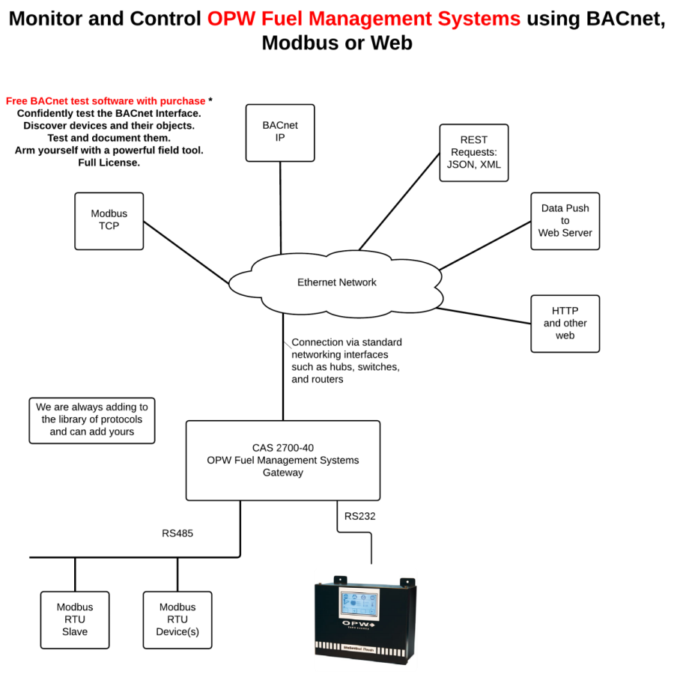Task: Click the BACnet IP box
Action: (x=280, y=132)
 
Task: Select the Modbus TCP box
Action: (x=109, y=220)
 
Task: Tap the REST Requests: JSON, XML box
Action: (x=473, y=153)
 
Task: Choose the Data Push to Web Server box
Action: (x=565, y=221)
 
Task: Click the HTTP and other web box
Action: (x=565, y=324)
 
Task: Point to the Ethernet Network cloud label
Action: (x=336, y=282)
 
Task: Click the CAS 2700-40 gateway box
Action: (x=282, y=460)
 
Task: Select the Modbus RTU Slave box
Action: (x=75, y=619)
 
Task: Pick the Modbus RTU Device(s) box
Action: (x=177, y=619)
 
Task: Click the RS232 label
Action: (x=359, y=516)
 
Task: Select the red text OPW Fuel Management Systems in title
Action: (x=364, y=19)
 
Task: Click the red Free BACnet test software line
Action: (x=106, y=101)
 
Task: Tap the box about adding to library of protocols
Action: (x=92, y=419)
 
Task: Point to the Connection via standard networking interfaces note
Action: (x=346, y=361)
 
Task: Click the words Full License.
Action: (x=109, y=163)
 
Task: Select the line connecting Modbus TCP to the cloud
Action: (x=186, y=252)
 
